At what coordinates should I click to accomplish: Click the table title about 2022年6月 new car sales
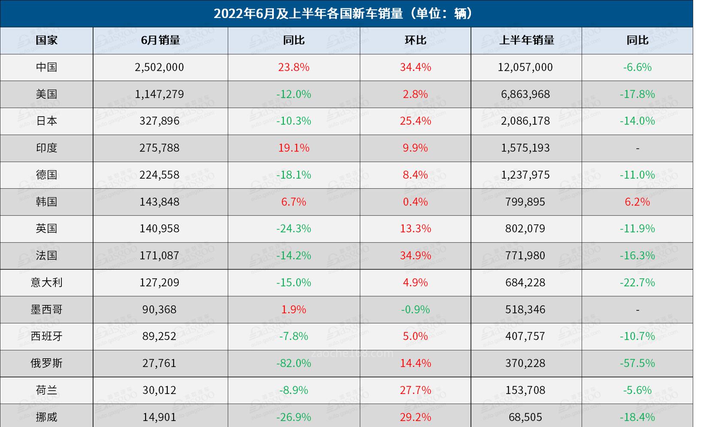click(x=344, y=14)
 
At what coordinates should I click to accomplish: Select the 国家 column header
click(x=46, y=40)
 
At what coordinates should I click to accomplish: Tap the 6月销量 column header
click(x=160, y=40)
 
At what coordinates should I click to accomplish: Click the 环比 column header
click(x=415, y=40)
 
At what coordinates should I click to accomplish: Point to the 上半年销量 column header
click(x=526, y=40)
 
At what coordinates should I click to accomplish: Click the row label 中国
click(x=46, y=67)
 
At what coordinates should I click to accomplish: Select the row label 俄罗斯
click(x=46, y=363)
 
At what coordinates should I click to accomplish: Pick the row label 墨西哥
click(x=46, y=309)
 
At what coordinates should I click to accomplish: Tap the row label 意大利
click(x=46, y=282)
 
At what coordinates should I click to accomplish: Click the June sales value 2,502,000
click(x=159, y=67)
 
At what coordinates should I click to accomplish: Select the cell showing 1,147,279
click(x=159, y=94)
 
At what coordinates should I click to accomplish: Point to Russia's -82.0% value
click(x=294, y=363)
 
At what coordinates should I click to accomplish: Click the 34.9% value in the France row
click(x=415, y=256)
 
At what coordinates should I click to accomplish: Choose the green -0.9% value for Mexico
click(x=415, y=309)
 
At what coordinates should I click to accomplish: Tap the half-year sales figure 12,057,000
click(x=525, y=67)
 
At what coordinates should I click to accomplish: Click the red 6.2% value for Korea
click(x=637, y=202)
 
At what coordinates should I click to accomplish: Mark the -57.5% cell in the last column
click(x=637, y=363)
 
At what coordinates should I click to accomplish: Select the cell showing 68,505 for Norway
click(x=525, y=417)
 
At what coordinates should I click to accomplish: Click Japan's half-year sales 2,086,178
click(x=525, y=121)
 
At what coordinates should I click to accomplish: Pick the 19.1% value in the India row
click(x=294, y=148)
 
